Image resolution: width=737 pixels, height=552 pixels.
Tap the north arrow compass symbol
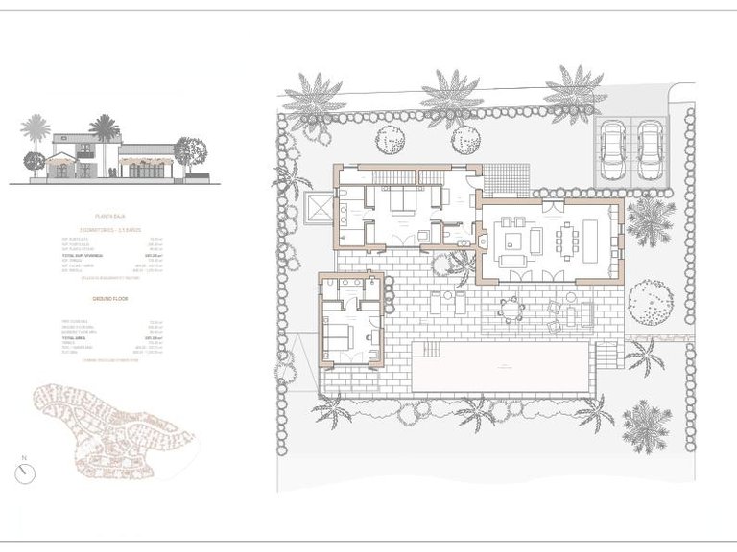[25, 473]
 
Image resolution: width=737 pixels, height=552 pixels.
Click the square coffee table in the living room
[510, 238]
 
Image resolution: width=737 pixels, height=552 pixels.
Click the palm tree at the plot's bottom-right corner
[645, 424]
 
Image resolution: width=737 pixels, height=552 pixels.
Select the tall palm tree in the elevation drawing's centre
[104, 126]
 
